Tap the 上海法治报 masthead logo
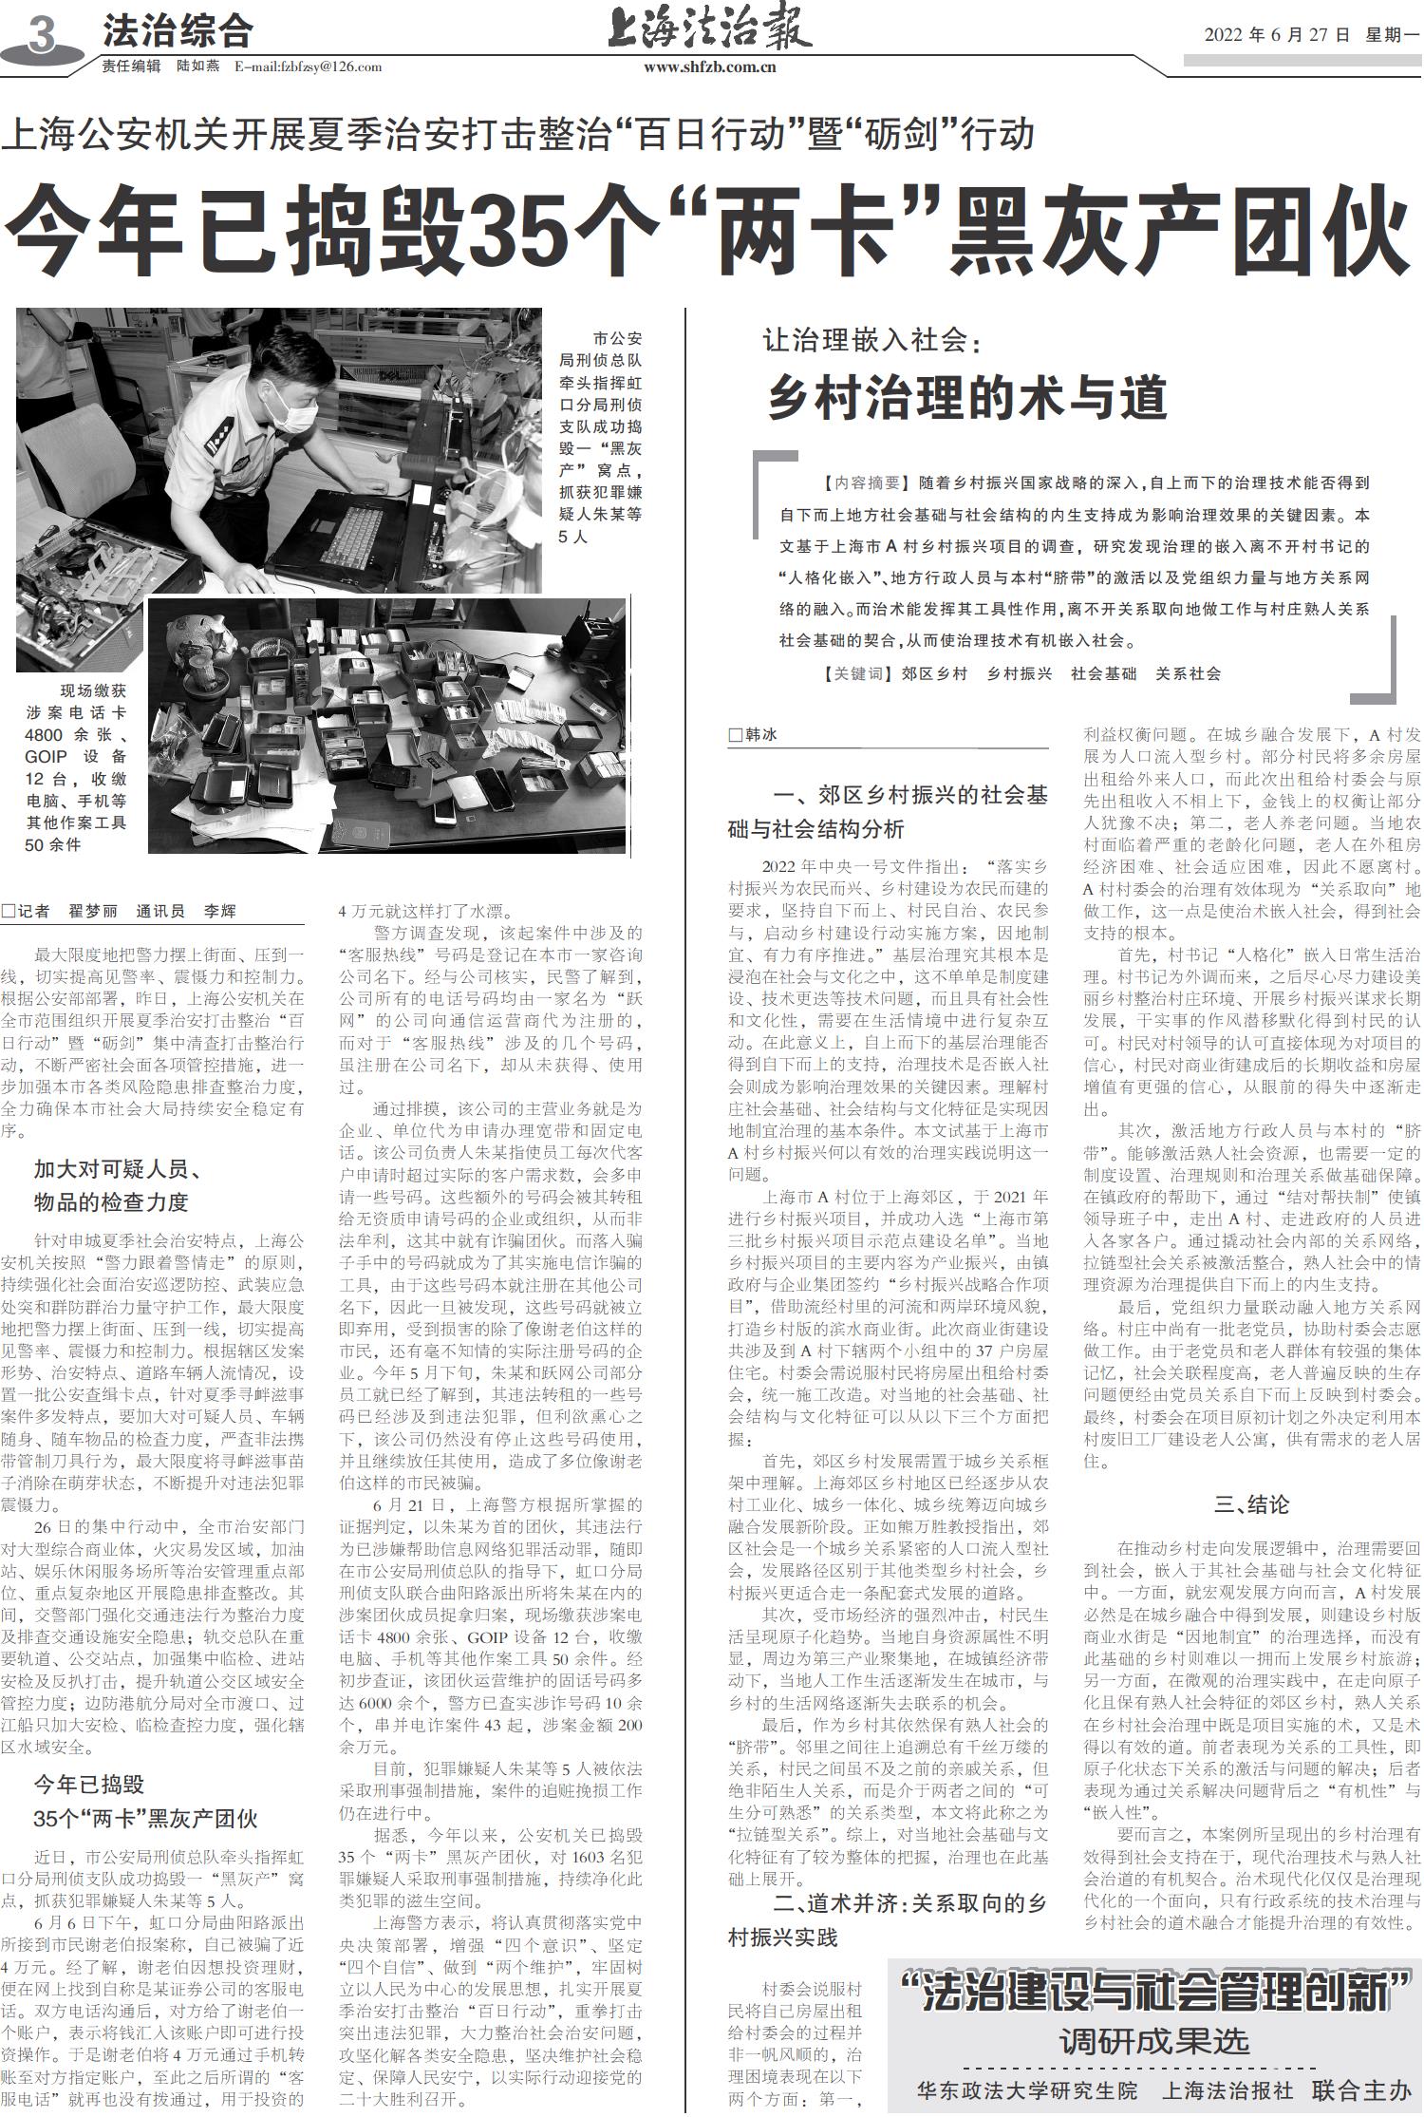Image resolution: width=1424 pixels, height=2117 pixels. point(709,28)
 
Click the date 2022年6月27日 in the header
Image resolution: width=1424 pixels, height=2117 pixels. point(1277,35)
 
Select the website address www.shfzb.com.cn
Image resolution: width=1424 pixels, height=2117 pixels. point(709,66)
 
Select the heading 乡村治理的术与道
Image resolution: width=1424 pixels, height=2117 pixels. point(966,397)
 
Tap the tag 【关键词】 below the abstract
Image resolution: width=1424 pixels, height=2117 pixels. point(858,673)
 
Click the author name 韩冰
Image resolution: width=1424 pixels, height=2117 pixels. point(761,735)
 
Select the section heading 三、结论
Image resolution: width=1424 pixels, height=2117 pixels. point(1252,1504)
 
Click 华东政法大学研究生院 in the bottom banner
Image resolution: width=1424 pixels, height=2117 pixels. point(1026,2090)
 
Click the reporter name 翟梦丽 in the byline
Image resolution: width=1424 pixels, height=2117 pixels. point(93,911)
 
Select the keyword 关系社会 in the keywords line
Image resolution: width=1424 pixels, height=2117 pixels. point(1188,673)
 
